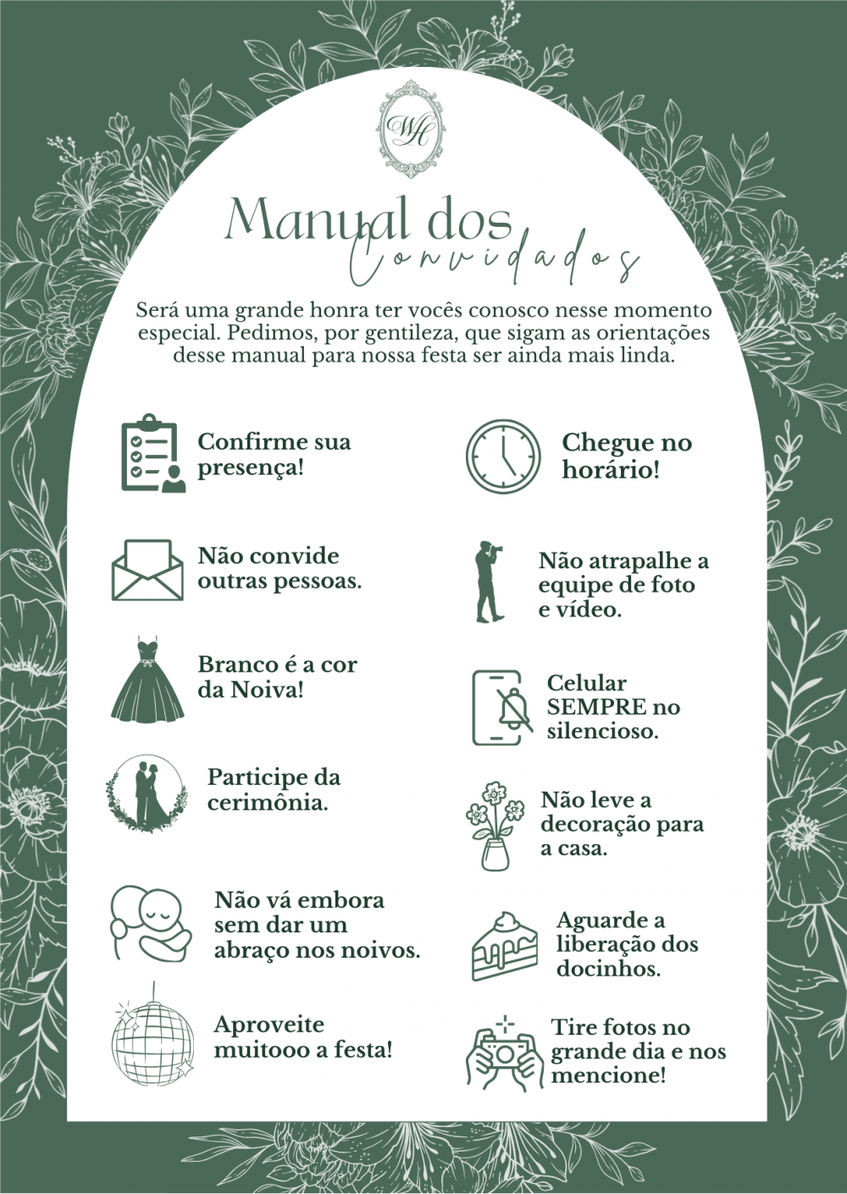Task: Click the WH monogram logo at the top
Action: [410, 129]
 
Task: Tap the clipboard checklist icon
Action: [153, 452]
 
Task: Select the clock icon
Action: [502, 455]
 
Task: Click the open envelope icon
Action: [147, 570]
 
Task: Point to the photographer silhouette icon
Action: [490, 582]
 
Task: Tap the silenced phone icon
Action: [501, 707]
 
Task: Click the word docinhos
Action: [609, 968]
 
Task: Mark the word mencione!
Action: [608, 1075]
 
